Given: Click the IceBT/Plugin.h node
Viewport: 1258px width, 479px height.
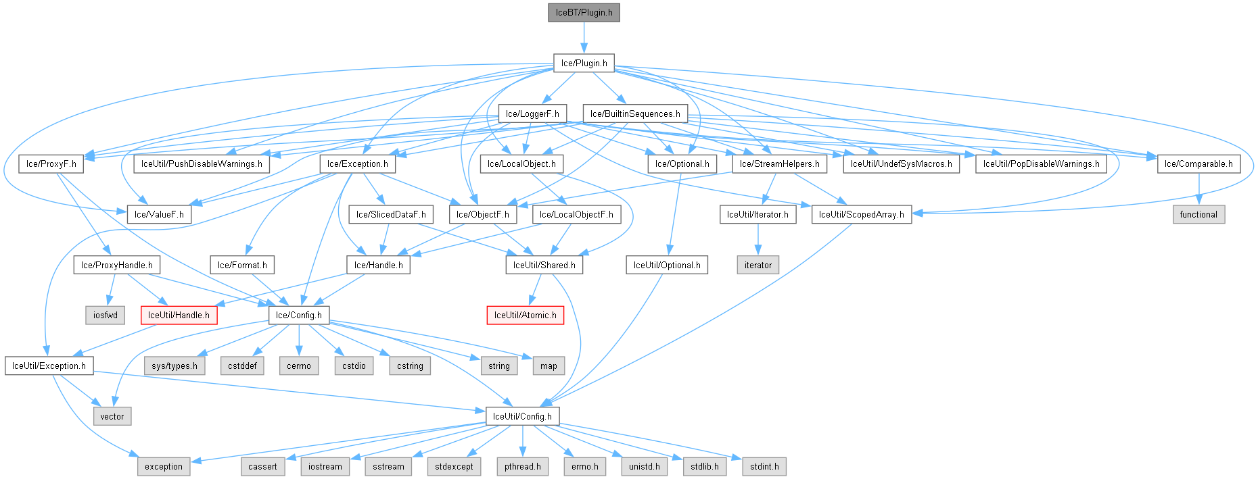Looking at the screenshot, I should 584,13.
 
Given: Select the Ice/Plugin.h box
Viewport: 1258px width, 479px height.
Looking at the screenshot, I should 584,64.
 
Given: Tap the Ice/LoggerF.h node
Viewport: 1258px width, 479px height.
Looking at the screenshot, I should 532,114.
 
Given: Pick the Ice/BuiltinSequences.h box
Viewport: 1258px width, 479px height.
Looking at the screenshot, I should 635,114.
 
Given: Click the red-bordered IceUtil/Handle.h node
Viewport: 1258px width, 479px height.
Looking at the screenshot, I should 179,315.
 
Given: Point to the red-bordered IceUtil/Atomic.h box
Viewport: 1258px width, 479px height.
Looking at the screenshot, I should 525,315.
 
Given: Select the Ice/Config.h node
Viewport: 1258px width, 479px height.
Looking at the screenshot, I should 298,315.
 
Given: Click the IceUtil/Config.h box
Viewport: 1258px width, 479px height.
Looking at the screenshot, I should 522,416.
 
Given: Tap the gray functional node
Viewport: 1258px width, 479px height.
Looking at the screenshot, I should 1198,214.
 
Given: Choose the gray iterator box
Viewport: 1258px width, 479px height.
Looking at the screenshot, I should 758,265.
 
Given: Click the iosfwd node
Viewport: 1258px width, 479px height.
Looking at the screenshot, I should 106,315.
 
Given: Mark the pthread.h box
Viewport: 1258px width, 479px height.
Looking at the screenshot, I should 522,466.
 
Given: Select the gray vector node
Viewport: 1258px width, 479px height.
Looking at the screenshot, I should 112,416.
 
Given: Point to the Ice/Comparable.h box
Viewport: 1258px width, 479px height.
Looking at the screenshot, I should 1198,163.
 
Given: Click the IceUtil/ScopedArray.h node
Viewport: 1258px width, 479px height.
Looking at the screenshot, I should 861,214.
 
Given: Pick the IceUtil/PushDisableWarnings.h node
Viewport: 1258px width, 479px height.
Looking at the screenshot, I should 202,163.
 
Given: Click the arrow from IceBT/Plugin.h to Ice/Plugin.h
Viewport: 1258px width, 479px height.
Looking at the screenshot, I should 584,38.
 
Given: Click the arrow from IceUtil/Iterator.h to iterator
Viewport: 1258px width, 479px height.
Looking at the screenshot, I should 758,240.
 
